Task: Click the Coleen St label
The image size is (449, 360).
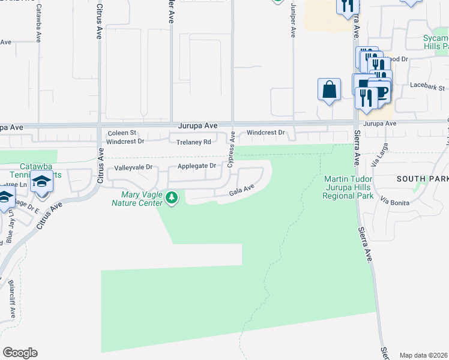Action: pos(122,133)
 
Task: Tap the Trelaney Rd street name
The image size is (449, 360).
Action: pos(194,142)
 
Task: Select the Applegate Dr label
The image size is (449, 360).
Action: pos(196,166)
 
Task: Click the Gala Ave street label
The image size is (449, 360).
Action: pos(243,191)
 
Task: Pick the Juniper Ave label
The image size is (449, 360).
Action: pos(294,23)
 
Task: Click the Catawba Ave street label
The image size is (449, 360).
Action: pos(38,23)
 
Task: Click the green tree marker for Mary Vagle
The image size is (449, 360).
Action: pos(172,197)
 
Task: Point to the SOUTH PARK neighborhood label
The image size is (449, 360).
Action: pos(422,179)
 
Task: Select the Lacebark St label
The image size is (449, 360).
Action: pos(426,85)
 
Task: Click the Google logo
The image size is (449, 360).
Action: pos(20,353)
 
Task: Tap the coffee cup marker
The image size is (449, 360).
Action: pos(382,91)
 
